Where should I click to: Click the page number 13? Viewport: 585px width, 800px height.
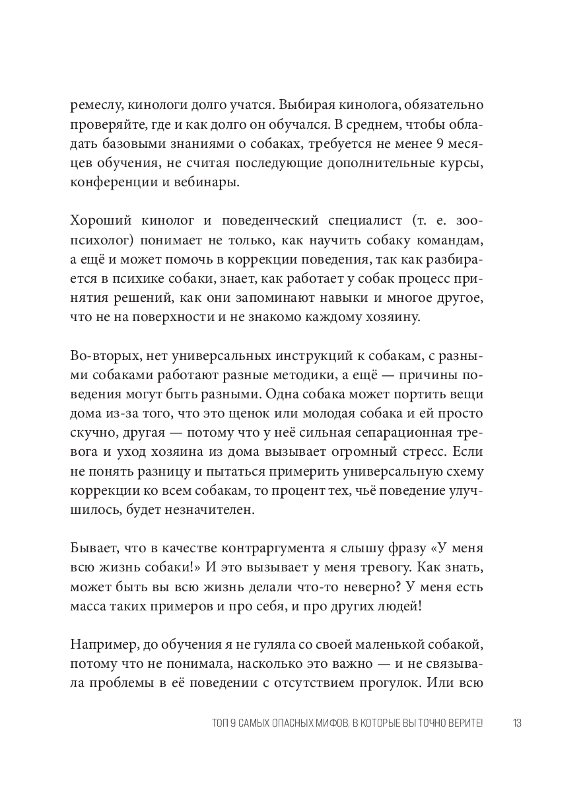(x=517, y=723)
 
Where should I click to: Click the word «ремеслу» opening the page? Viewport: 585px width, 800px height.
(x=96, y=104)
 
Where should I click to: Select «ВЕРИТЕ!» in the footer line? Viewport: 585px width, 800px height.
(x=463, y=723)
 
